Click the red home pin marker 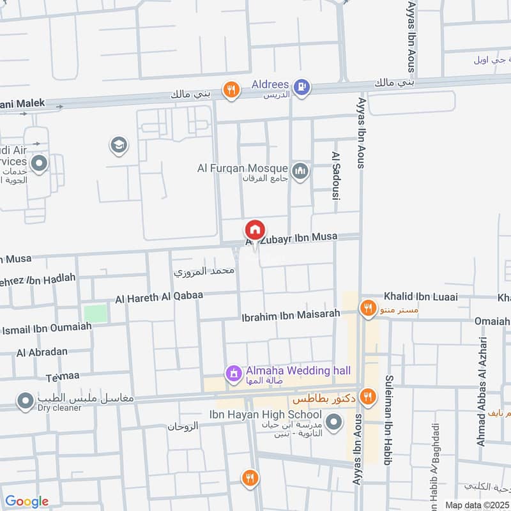[254, 230]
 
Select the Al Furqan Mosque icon [300, 171]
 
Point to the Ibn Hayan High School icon [333, 422]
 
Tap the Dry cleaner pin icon [25, 401]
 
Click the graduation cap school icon [118, 146]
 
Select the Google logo [26, 501]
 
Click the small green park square [96, 313]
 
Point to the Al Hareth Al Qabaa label [158, 297]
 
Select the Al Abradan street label [43, 353]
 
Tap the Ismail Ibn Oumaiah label [47, 328]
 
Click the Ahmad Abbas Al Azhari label [482, 391]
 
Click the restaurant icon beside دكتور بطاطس [367, 397]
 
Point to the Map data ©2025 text [476, 505]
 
